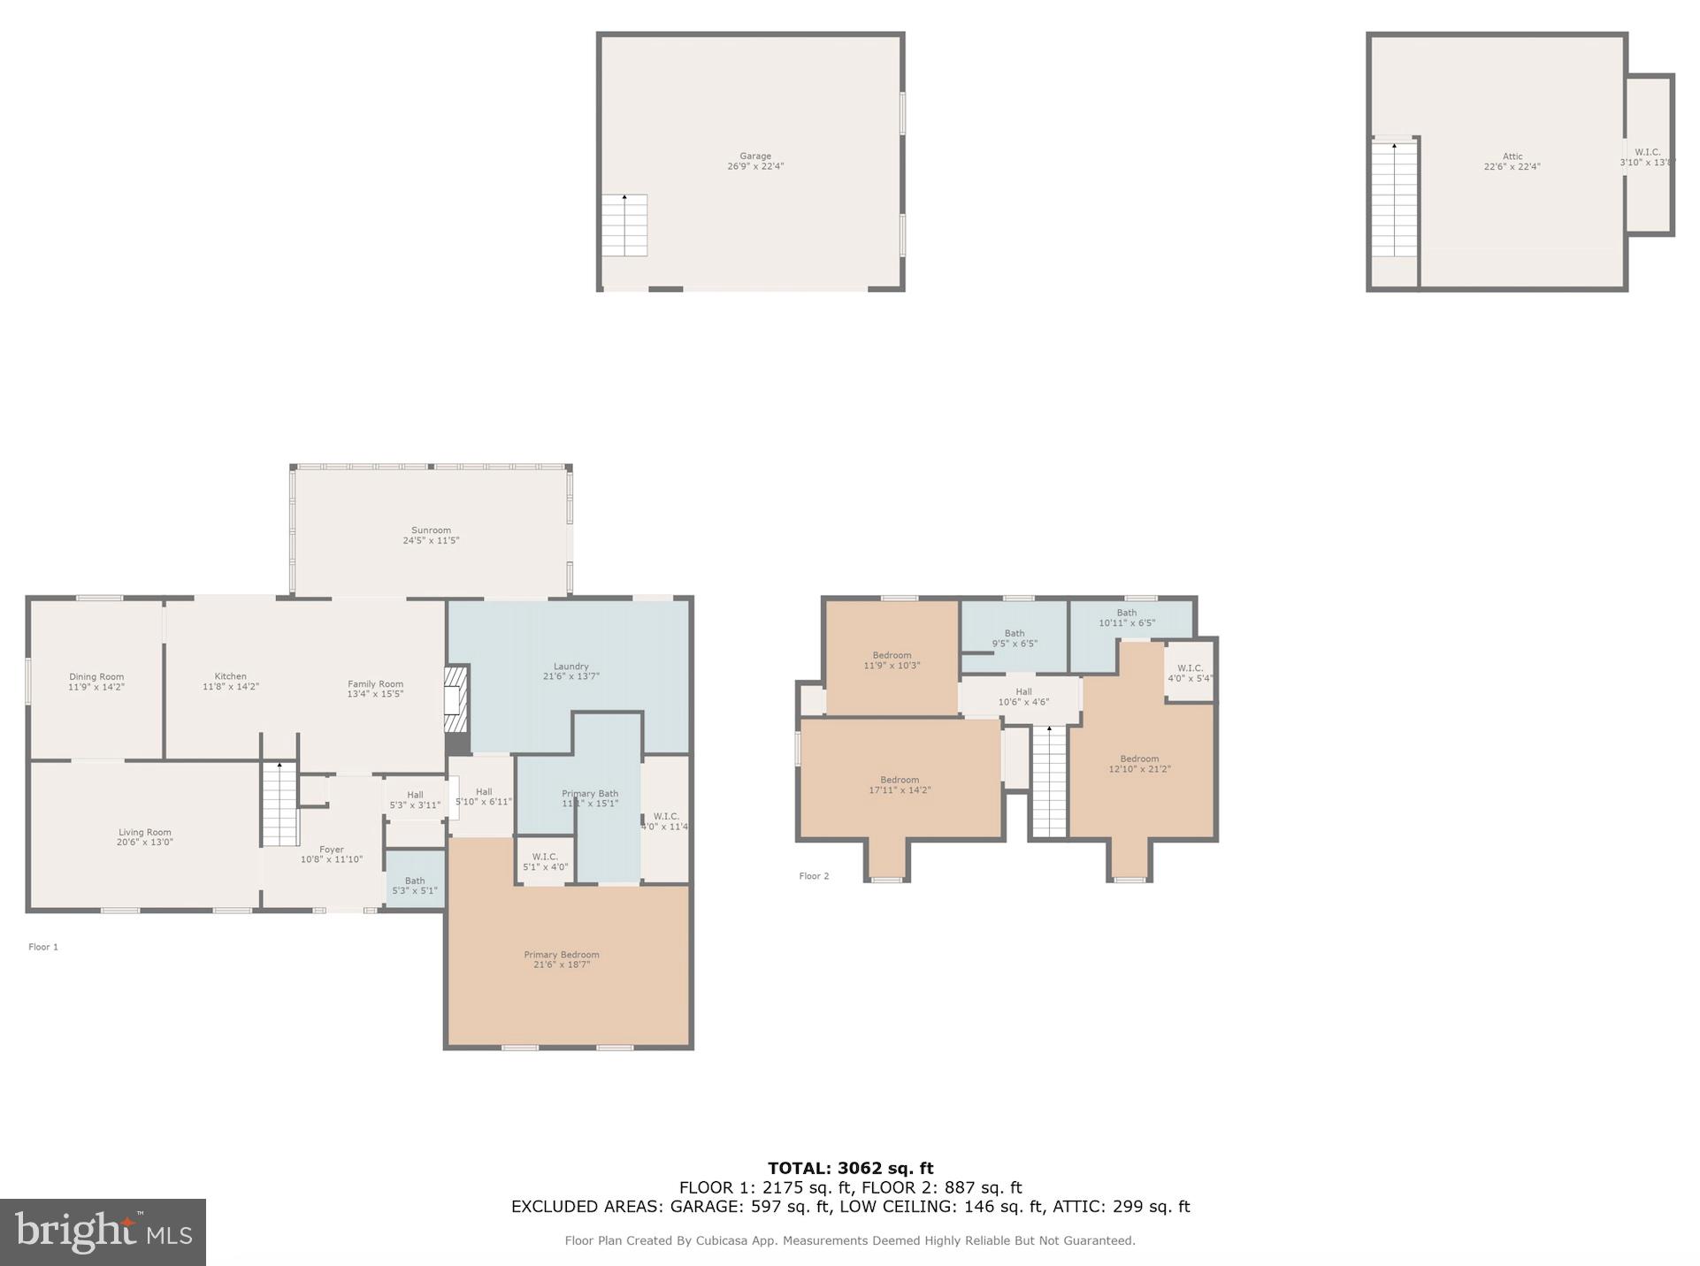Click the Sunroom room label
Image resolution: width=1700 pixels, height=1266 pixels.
(x=431, y=536)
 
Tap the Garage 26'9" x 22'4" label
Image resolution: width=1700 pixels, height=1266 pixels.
(x=755, y=161)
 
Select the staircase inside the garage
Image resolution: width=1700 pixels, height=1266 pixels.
(x=624, y=225)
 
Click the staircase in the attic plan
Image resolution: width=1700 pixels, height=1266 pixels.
(x=1394, y=200)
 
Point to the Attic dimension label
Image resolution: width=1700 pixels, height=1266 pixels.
(x=1512, y=162)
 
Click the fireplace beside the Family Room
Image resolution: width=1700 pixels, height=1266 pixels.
(x=455, y=699)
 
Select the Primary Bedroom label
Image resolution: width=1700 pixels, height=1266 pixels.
(x=561, y=959)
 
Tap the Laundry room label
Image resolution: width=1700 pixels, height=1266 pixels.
(x=570, y=671)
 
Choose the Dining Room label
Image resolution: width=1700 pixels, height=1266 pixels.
(x=96, y=682)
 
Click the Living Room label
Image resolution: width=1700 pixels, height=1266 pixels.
(x=145, y=837)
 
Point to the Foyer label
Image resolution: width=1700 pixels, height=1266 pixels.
(x=332, y=854)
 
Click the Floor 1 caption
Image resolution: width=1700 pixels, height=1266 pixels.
(x=43, y=947)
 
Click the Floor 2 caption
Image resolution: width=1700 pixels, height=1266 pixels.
(x=814, y=876)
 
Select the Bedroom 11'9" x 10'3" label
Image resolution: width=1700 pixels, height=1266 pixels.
(x=892, y=660)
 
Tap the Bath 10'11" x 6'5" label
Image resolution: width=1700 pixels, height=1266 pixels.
(x=1127, y=618)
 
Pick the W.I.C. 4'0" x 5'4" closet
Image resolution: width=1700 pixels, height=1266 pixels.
(x=1190, y=674)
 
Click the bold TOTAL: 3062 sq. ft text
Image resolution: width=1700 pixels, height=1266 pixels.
(x=850, y=1168)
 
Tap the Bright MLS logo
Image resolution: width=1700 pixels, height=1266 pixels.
(x=103, y=1232)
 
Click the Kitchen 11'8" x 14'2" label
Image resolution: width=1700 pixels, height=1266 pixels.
(x=231, y=682)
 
